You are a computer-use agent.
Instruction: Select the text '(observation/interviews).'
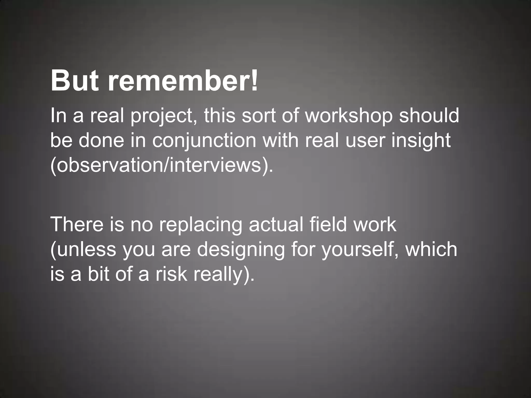click(x=162, y=166)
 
